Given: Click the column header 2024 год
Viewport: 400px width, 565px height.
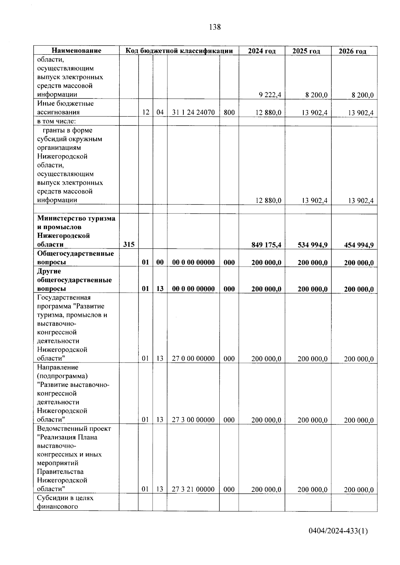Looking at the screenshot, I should click(262, 51).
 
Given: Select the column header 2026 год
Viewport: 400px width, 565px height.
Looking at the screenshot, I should click(352, 51).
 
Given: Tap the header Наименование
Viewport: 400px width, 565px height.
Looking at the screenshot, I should click(76, 51).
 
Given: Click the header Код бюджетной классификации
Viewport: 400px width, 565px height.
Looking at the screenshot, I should click(179, 51).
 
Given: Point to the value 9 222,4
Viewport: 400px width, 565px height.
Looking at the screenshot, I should click(270, 95).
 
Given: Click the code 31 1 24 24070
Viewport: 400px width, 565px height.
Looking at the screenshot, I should click(193, 113).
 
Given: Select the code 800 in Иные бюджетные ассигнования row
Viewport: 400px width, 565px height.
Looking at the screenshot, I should click(229, 113).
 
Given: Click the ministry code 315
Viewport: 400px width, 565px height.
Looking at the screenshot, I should click(129, 244).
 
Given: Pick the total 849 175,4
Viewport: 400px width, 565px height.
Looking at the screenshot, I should click(266, 245).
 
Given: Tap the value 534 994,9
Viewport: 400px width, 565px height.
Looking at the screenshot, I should click(312, 245).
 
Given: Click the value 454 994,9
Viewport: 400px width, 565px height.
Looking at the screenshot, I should click(359, 245).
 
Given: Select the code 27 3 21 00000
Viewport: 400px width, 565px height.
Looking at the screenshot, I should click(193, 489).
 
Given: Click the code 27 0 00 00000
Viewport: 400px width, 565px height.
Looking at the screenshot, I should click(193, 359).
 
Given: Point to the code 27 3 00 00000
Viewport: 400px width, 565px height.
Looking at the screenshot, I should click(193, 420).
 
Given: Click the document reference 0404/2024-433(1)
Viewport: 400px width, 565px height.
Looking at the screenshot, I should click(338, 531).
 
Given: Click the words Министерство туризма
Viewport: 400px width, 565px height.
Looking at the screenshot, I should click(76, 218).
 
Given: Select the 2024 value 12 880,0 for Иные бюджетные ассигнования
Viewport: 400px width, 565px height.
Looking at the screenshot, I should click(268, 113).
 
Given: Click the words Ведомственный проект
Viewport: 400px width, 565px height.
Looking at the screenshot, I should click(74, 428).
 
